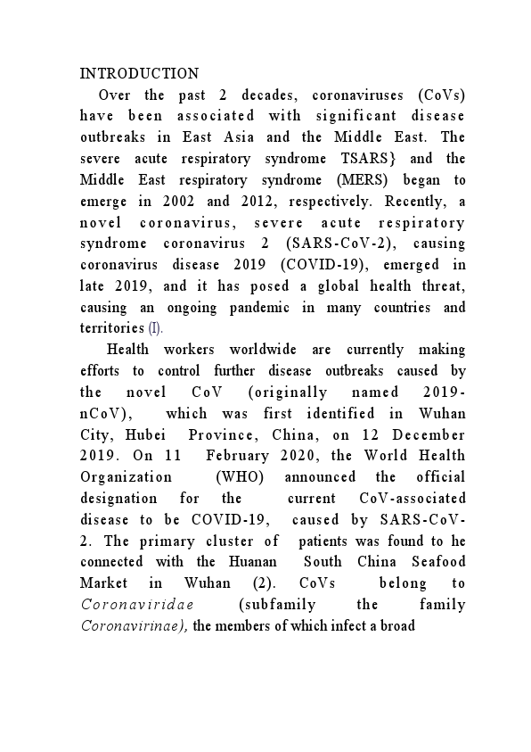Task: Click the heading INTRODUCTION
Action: click(x=139, y=74)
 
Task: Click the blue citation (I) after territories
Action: click(x=155, y=328)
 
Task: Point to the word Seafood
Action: click(x=434, y=562)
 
